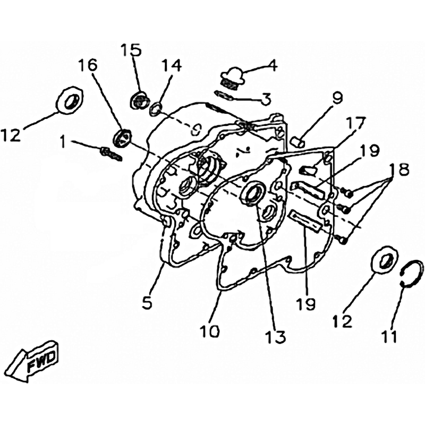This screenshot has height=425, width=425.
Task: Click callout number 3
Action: coord(266,99)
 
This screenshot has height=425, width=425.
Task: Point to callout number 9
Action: coord(337,99)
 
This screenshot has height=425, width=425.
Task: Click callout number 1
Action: coord(63,141)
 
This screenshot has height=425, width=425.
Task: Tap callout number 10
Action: coord(210,330)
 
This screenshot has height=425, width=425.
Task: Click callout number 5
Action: coord(148,303)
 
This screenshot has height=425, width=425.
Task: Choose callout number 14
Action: coord(171,66)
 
